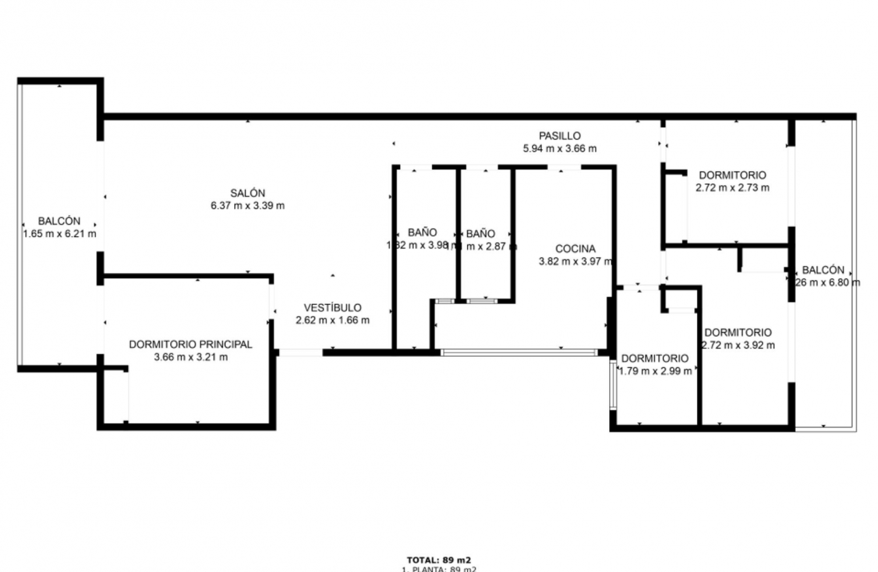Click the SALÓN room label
click(247, 193)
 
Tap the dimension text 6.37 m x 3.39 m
click(247, 206)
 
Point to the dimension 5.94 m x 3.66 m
click(559, 148)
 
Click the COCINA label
click(575, 249)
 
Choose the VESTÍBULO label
click(332, 308)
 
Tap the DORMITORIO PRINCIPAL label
click(191, 345)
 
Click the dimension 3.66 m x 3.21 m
click(191, 357)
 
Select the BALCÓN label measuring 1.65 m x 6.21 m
click(59, 221)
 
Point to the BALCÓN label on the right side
click(823, 270)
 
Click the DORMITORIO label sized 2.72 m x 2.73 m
click(732, 175)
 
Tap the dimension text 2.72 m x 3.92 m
click(738, 345)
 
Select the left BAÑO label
click(423, 232)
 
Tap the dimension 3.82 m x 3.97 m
click(575, 261)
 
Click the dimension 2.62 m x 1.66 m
click(332, 320)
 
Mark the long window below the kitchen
click(519, 353)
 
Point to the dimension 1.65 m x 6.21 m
click(59, 234)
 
